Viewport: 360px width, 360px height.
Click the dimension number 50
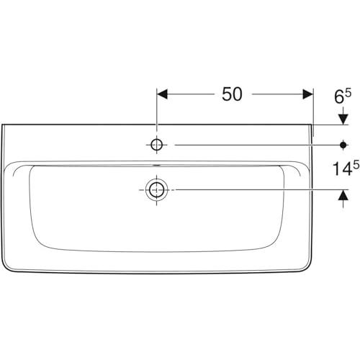pyautogui.click(x=232, y=94)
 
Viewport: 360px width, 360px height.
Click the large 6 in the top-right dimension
pyautogui.click(x=339, y=96)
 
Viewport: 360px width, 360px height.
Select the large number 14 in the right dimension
pyautogui.click(x=341, y=168)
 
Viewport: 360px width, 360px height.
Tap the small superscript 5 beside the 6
pyautogui.click(x=348, y=93)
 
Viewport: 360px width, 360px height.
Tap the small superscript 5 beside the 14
pyautogui.click(x=356, y=165)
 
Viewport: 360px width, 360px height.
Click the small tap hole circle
pyautogui.click(x=157, y=145)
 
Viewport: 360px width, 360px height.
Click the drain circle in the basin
pyautogui.click(x=157, y=189)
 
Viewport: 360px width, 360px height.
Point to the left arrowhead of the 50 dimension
pyautogui.click(x=162, y=94)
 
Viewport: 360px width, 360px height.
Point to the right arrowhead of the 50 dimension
pyautogui.click(x=308, y=94)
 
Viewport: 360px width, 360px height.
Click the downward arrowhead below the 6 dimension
pyautogui.click(x=343, y=120)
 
